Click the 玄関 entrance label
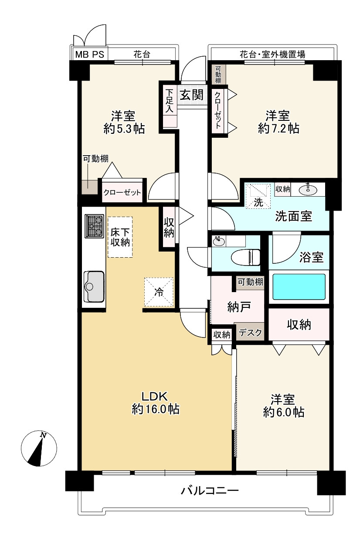(192, 95)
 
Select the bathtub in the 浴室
(299, 287)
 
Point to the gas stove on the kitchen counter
(94, 226)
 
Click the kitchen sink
(94, 286)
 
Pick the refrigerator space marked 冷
(159, 292)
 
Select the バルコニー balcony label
(210, 490)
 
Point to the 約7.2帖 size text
(278, 129)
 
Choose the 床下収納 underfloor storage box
(120, 237)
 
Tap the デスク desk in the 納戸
(250, 332)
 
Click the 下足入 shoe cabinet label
(170, 101)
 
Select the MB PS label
(90, 54)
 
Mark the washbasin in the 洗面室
(308, 190)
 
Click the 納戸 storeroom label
(239, 306)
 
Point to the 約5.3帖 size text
(124, 129)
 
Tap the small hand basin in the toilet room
(219, 241)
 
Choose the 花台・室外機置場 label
(272, 54)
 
